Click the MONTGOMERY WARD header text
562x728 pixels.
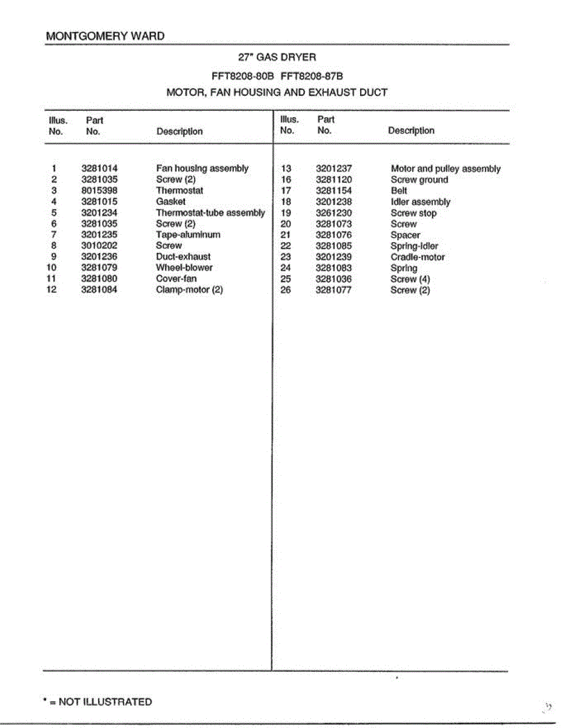click(x=105, y=36)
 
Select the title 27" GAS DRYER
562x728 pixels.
click(x=277, y=58)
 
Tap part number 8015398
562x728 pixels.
click(x=99, y=190)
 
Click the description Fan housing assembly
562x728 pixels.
click(x=202, y=169)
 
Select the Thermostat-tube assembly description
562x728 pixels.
click(x=210, y=213)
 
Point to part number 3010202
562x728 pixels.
click(x=99, y=246)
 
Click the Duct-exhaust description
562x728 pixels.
click(x=183, y=257)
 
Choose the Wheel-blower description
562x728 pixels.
click(x=184, y=268)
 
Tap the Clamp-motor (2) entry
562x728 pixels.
click(x=189, y=290)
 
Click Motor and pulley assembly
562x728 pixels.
click(x=446, y=169)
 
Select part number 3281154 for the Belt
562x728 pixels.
click(x=333, y=190)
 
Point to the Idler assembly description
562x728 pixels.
click(x=420, y=202)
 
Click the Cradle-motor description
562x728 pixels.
click(x=417, y=257)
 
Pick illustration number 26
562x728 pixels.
click(x=286, y=290)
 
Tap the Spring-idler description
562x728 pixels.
click(x=414, y=246)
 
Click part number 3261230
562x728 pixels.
click(x=333, y=213)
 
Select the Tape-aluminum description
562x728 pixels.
click(x=188, y=235)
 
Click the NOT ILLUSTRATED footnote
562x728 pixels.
click(x=98, y=702)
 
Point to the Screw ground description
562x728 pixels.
click(x=419, y=180)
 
